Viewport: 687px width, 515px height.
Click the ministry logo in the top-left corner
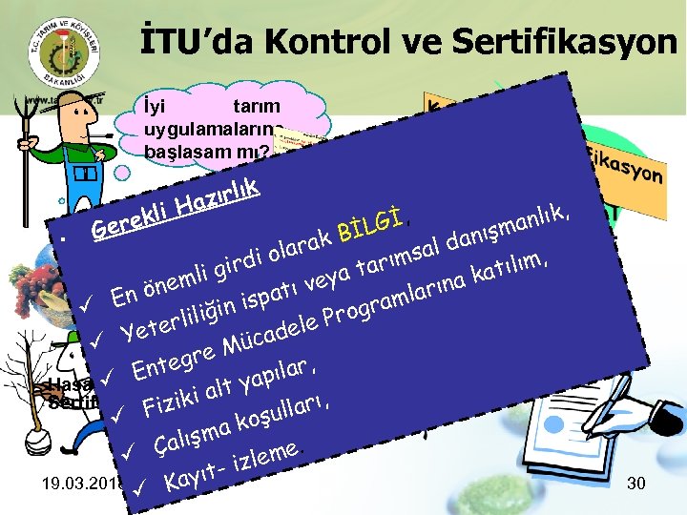58,52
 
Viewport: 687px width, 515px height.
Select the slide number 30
635,484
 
